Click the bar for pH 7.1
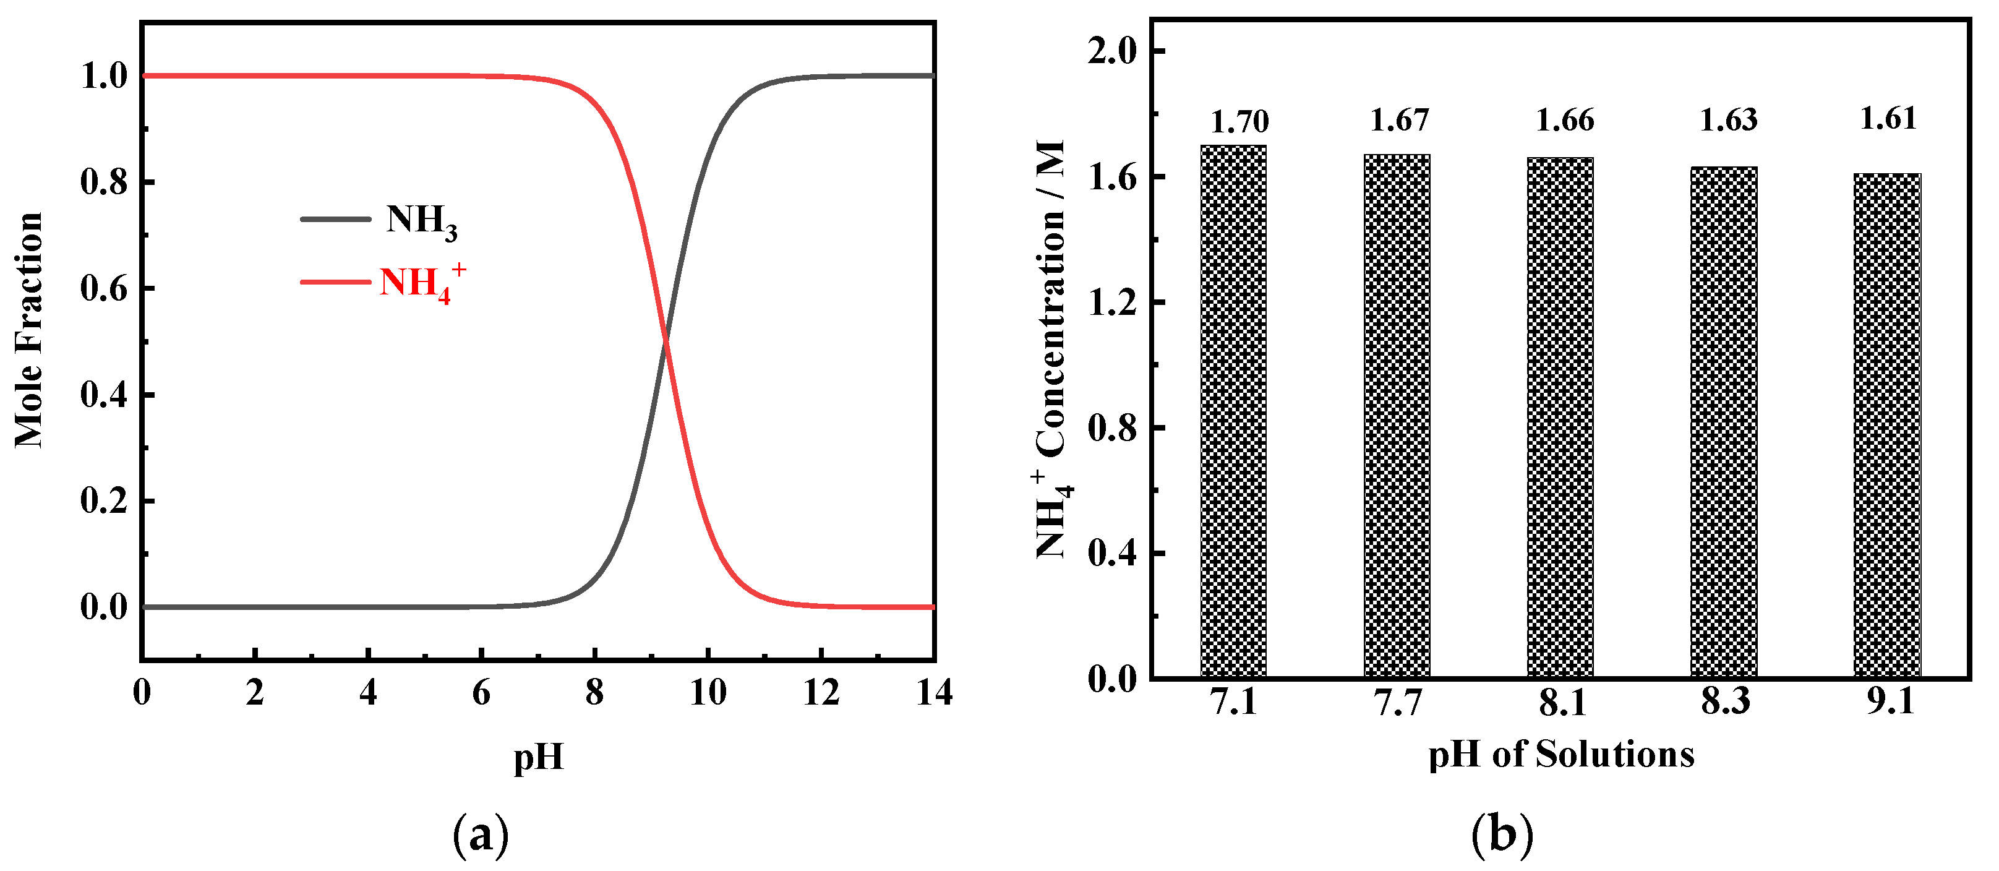1233,411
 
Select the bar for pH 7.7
1397,416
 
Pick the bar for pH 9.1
1887,426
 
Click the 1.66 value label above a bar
1564,121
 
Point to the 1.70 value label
1239,122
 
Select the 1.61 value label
1888,118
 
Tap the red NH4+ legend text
421,283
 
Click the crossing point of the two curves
665,341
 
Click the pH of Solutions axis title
1560,755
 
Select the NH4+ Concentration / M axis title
1053,350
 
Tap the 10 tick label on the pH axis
708,692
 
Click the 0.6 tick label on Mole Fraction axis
104,289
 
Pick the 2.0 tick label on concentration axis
1111,51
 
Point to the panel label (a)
481,835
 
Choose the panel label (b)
1502,835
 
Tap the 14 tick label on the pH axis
933,692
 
